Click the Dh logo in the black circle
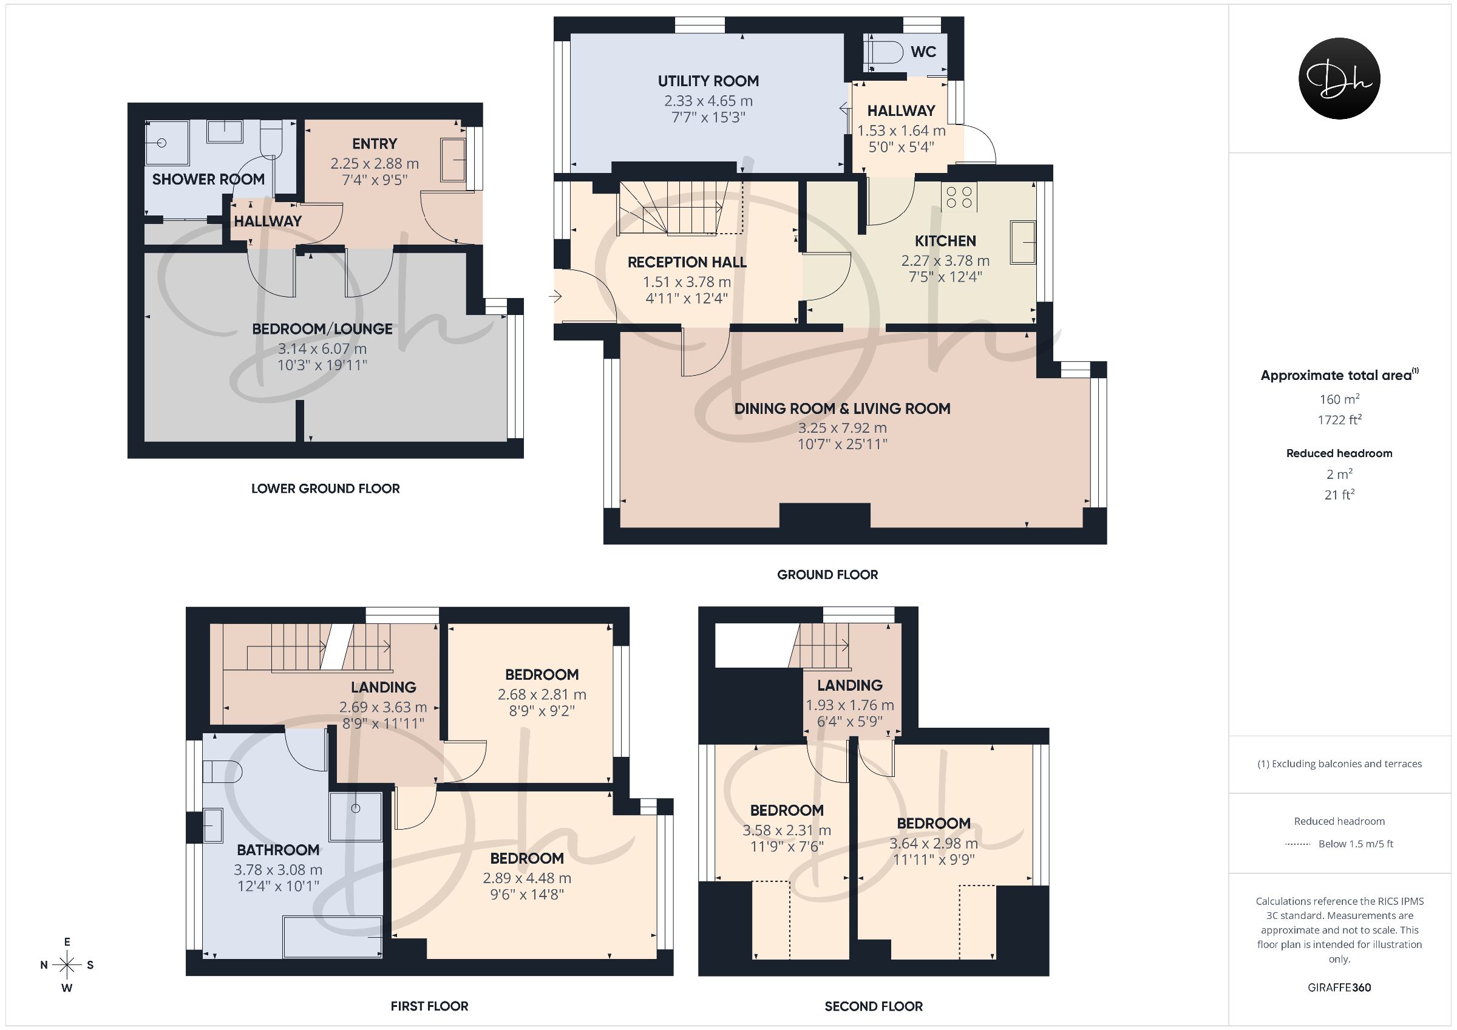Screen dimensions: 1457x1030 point(1339,78)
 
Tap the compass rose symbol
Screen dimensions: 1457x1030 point(67,964)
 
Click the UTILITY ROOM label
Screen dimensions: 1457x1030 point(708,81)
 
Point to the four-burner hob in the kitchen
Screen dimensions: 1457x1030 point(959,197)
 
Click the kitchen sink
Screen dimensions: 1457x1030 point(1023,242)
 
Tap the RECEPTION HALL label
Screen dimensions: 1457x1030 point(687,262)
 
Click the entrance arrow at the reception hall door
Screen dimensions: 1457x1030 point(557,296)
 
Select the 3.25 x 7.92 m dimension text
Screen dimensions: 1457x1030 point(842,428)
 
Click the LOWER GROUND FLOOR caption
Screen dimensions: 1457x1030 point(325,489)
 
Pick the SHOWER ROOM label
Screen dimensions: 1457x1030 point(208,179)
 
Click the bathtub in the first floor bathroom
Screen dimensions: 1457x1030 point(333,936)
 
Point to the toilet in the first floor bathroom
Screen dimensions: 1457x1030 point(222,771)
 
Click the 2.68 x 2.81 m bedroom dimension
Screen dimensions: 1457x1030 point(542,695)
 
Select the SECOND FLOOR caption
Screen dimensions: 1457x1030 point(874,1006)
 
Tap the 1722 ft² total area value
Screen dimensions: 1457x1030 point(1339,419)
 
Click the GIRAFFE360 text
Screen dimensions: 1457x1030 point(1339,988)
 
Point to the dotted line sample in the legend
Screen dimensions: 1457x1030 point(1297,844)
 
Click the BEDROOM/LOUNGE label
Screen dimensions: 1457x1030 point(322,329)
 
